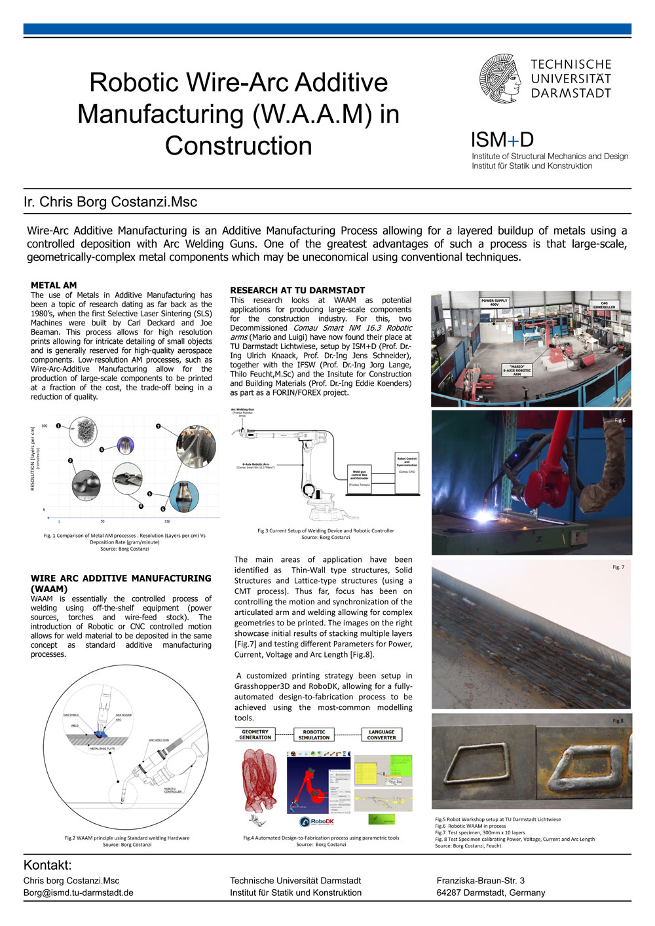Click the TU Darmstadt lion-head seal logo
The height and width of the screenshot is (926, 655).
(x=501, y=79)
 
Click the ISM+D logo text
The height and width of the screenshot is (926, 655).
(x=502, y=139)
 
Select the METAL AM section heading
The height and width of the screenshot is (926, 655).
(x=54, y=286)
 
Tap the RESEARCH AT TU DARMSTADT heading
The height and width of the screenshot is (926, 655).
(x=297, y=290)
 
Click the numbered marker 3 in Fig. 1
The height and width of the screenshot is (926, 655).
(x=102, y=450)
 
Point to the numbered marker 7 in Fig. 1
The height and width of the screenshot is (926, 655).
(x=159, y=426)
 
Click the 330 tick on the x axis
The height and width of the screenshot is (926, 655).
(x=167, y=521)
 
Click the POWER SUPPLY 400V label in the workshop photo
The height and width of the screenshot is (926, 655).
(x=495, y=303)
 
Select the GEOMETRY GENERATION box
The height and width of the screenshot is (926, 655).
(x=255, y=735)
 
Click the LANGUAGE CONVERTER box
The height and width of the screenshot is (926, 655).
(x=382, y=735)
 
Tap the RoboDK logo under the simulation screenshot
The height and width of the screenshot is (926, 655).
(x=318, y=822)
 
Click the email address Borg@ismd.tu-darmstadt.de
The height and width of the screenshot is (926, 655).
(x=79, y=893)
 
